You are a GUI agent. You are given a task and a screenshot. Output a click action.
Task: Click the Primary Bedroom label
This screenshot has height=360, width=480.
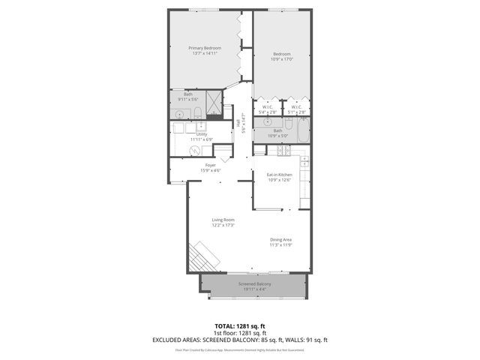tap(205, 51)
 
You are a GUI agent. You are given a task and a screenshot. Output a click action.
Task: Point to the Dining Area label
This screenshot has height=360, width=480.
tap(281, 241)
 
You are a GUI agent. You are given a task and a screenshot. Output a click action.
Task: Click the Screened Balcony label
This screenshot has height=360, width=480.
tap(254, 286)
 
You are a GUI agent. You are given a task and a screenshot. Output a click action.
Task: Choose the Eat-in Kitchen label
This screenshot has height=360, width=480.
tap(279, 177)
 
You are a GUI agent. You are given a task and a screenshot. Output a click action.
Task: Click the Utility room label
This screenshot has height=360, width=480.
tap(202, 136)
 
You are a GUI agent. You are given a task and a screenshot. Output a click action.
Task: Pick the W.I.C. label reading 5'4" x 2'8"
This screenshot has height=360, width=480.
tap(267, 109)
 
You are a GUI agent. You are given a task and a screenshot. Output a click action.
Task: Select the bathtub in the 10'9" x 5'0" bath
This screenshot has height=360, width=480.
tap(298, 136)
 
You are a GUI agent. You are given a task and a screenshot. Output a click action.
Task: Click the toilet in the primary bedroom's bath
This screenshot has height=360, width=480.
tap(196, 113)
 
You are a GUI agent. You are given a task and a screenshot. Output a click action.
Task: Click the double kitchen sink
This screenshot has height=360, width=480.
tap(304, 162)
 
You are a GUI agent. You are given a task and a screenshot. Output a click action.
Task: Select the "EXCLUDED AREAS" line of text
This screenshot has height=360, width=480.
tap(240, 340)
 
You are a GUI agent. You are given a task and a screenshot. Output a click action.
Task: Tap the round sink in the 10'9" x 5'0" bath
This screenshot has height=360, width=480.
tap(267, 122)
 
